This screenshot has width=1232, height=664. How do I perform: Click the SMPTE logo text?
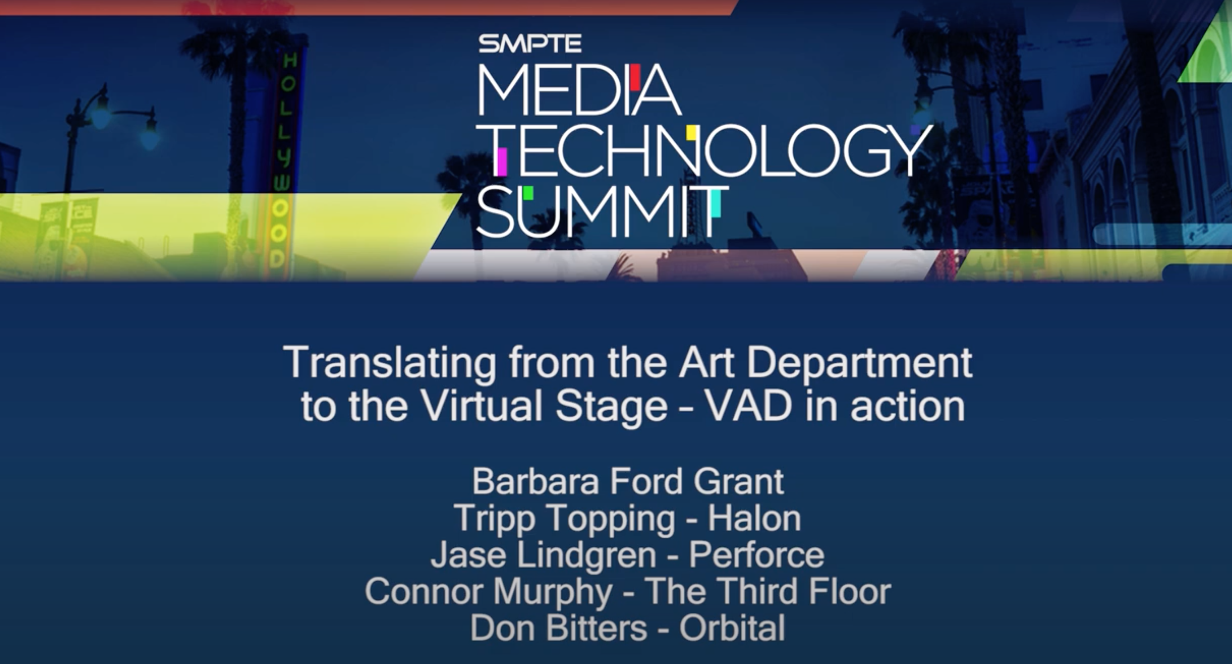point(530,43)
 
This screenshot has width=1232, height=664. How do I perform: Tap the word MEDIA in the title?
point(579,90)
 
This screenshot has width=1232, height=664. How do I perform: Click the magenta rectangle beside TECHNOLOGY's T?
point(502,161)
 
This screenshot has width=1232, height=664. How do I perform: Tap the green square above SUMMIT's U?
point(528,193)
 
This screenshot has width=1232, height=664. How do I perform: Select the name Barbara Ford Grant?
point(628,481)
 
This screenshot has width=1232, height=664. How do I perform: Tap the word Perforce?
point(756,555)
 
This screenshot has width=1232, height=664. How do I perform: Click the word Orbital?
point(732,628)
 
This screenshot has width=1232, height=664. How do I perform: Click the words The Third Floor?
point(768,591)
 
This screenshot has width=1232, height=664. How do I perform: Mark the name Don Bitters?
point(559,628)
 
